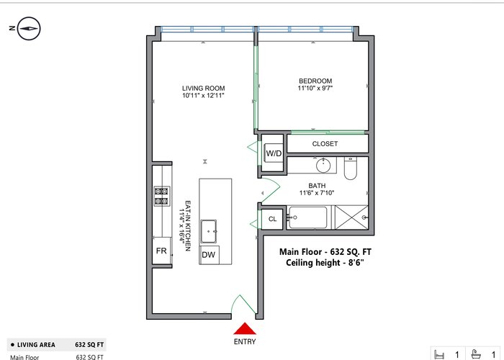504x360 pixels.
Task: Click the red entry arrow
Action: click(245, 329)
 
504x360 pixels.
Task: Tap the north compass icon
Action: click(29, 29)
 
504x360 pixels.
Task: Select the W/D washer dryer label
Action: click(274, 153)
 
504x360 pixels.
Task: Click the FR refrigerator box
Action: click(161, 251)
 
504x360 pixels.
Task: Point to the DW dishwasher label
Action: click(208, 255)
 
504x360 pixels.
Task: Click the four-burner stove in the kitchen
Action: click(162, 196)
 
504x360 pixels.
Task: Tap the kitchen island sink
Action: click(209, 231)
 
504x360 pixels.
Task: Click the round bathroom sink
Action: click(323, 166)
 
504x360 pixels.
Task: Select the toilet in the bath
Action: click(351, 168)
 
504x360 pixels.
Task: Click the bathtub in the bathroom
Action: click(308, 217)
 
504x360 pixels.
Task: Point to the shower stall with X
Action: click(351, 217)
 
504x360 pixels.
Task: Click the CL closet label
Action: click(273, 219)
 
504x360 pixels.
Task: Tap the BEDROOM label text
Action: click(315, 81)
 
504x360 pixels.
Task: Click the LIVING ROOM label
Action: click(204, 88)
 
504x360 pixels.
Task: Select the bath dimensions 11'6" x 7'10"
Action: click(317, 193)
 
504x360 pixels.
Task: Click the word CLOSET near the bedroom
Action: click(325, 144)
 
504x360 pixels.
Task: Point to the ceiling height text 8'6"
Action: click(356, 263)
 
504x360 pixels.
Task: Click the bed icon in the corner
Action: click(438, 355)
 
